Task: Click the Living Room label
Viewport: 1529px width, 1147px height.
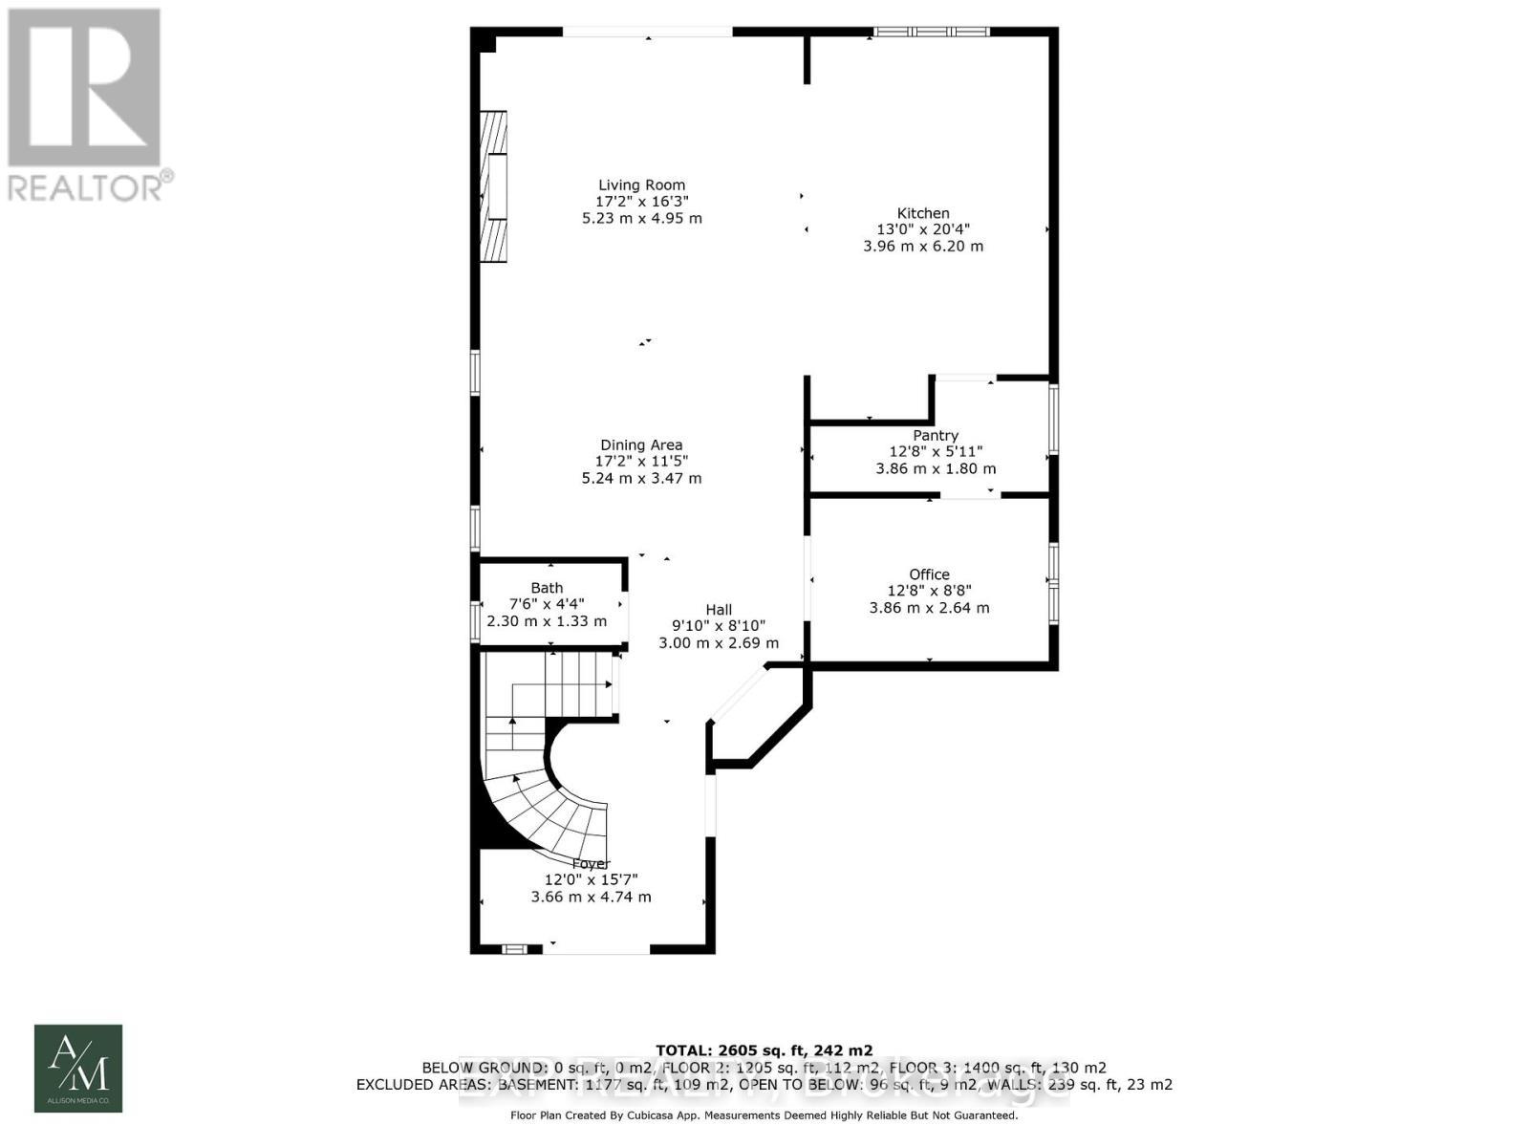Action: (x=641, y=185)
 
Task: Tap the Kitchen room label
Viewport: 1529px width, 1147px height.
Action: (x=922, y=213)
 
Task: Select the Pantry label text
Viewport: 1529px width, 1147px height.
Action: (x=935, y=435)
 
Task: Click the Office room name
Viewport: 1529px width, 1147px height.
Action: (x=929, y=574)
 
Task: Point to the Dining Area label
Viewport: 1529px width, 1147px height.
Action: (x=641, y=444)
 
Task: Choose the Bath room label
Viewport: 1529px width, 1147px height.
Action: (x=547, y=588)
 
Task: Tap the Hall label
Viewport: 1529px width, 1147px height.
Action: (x=719, y=610)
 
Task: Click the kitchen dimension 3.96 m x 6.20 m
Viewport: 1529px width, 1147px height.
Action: (x=922, y=246)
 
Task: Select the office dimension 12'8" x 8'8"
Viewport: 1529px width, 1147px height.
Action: (x=929, y=591)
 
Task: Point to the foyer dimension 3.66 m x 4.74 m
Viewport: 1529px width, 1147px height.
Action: (x=591, y=897)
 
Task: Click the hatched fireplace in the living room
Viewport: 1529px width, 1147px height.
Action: (x=493, y=186)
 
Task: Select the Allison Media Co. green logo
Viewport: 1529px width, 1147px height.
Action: (x=78, y=1068)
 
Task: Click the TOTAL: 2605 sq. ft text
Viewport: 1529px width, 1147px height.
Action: (x=764, y=1050)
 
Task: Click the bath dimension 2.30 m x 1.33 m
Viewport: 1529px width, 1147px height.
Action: (x=547, y=621)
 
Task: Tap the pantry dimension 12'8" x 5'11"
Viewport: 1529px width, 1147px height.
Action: (x=935, y=451)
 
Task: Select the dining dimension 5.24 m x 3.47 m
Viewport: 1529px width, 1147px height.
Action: (x=641, y=478)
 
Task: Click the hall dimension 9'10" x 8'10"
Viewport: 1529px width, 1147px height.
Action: (x=719, y=626)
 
